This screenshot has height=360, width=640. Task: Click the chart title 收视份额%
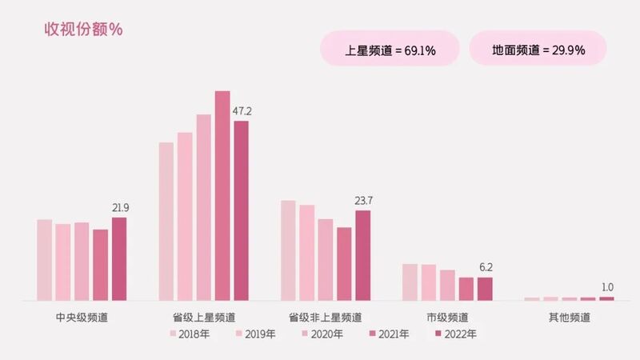(82, 30)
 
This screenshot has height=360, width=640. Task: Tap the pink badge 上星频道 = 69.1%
(390, 50)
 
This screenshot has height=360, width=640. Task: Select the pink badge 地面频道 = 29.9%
(538, 50)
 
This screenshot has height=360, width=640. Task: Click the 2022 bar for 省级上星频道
(241, 210)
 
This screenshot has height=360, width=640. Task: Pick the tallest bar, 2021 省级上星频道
(222, 195)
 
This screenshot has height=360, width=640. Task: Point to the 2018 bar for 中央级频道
(44, 259)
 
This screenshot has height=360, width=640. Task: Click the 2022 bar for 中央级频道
(119, 258)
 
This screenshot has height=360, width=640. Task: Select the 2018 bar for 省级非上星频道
(288, 250)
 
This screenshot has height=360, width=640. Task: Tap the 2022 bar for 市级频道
(485, 288)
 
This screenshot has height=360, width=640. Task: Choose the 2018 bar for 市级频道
(410, 282)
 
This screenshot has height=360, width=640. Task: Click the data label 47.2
(242, 110)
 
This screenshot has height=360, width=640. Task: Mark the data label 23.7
(364, 200)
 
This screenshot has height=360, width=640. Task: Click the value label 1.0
(606, 287)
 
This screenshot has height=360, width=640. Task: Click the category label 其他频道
(570, 317)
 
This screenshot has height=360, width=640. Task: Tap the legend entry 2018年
(189, 334)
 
